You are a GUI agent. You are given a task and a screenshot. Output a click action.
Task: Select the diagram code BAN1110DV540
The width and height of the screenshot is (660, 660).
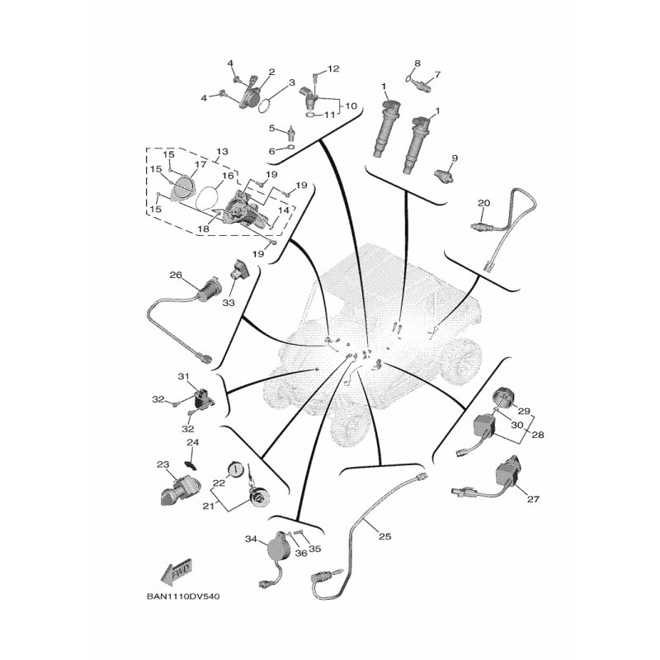coord(183,596)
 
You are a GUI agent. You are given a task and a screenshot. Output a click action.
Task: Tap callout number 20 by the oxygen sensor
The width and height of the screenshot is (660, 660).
coord(484,203)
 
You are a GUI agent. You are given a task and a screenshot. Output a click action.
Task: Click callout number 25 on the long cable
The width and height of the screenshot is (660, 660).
coord(385,536)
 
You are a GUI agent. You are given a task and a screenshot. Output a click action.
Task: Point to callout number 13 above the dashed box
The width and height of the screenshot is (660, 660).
coord(222,152)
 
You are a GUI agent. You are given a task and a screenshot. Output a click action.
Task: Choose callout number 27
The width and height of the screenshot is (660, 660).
coord(533,499)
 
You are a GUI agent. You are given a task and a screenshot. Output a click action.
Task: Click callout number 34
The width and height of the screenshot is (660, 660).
coord(252,539)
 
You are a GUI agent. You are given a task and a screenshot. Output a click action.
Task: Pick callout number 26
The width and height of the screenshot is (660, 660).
coord(176,276)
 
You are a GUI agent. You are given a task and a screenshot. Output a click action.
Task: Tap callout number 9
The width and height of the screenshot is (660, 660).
coord(455,158)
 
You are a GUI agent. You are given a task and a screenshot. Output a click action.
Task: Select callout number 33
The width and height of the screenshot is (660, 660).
coord(229,303)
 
